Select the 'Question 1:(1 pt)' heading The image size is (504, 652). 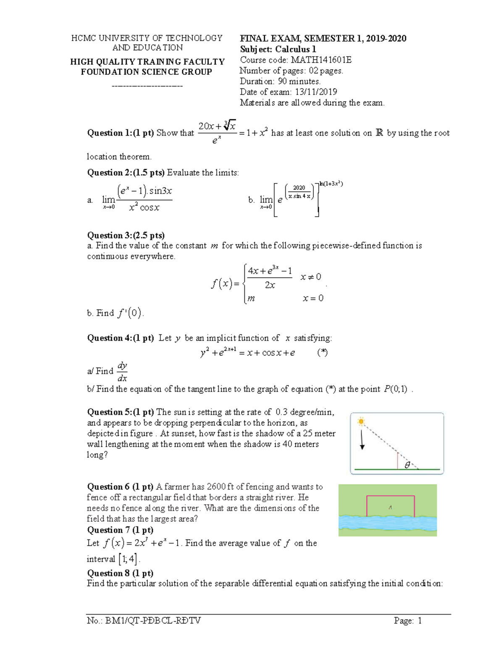[x=120, y=133]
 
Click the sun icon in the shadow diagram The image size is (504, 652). [x=360, y=422]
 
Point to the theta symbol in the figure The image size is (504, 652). [x=407, y=465]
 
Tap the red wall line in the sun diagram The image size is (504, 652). [x=397, y=461]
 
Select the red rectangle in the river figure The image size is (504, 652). [x=391, y=506]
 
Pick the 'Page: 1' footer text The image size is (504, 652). [x=407, y=621]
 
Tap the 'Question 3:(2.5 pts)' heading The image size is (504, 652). [x=126, y=235]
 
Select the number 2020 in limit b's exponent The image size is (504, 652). [x=299, y=188]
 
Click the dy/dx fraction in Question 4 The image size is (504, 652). [x=122, y=371]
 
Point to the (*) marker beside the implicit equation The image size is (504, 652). [x=322, y=353]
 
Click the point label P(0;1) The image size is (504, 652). [x=395, y=389]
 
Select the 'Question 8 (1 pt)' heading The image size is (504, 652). [x=120, y=573]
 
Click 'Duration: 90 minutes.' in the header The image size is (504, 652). [x=280, y=81]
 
